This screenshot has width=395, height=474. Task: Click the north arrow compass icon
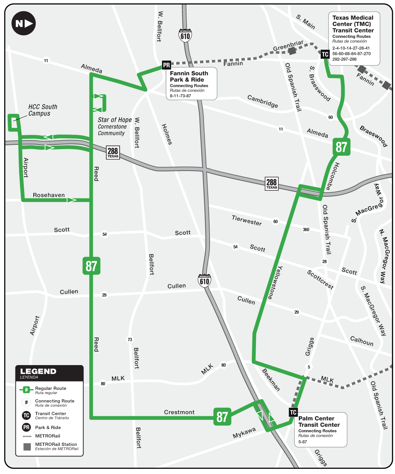pos(24,23)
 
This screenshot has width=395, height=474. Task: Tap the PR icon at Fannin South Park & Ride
pos(166,65)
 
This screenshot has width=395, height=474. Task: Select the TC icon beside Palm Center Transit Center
pos(293,413)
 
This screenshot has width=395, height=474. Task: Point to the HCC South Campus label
pos(43,110)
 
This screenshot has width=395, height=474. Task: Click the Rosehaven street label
pos(49,195)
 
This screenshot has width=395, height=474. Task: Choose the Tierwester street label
pos(247,220)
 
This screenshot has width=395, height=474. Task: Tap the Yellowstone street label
pos(275,282)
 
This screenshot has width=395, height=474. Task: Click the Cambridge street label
pos(263,101)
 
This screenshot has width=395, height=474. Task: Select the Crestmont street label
pos(179,412)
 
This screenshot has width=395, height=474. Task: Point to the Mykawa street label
pos(244,433)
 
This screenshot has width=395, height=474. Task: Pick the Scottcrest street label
pos(320,280)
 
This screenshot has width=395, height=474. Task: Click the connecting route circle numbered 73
pos(130,340)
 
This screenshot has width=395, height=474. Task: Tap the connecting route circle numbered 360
pos(306,230)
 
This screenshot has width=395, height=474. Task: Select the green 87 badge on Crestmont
pos(222,417)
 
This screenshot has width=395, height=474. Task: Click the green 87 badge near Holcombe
pos(341,147)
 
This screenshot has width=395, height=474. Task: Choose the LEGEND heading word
pos(38,371)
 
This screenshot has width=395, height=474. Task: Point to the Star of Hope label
pos(114,120)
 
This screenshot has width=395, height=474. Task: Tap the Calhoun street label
pos(362,341)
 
